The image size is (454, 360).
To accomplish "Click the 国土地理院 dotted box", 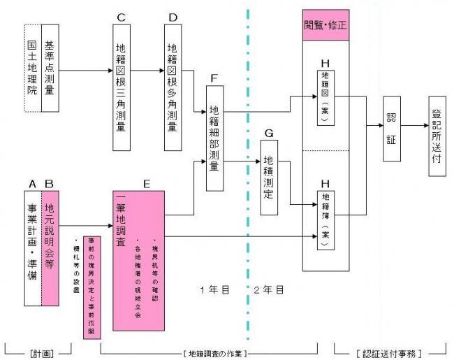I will (x=31, y=68).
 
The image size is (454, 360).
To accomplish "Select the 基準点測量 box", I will (x=50, y=68).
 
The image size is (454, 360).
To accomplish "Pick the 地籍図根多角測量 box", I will (x=173, y=87).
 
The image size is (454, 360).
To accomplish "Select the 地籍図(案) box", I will (x=326, y=96).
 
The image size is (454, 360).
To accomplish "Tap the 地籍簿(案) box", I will (x=326, y=214).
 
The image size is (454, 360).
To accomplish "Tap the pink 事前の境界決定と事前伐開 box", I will (x=89, y=287).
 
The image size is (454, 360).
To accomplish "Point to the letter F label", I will (x=214, y=80).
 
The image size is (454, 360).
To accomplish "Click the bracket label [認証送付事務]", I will (x=381, y=350).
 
